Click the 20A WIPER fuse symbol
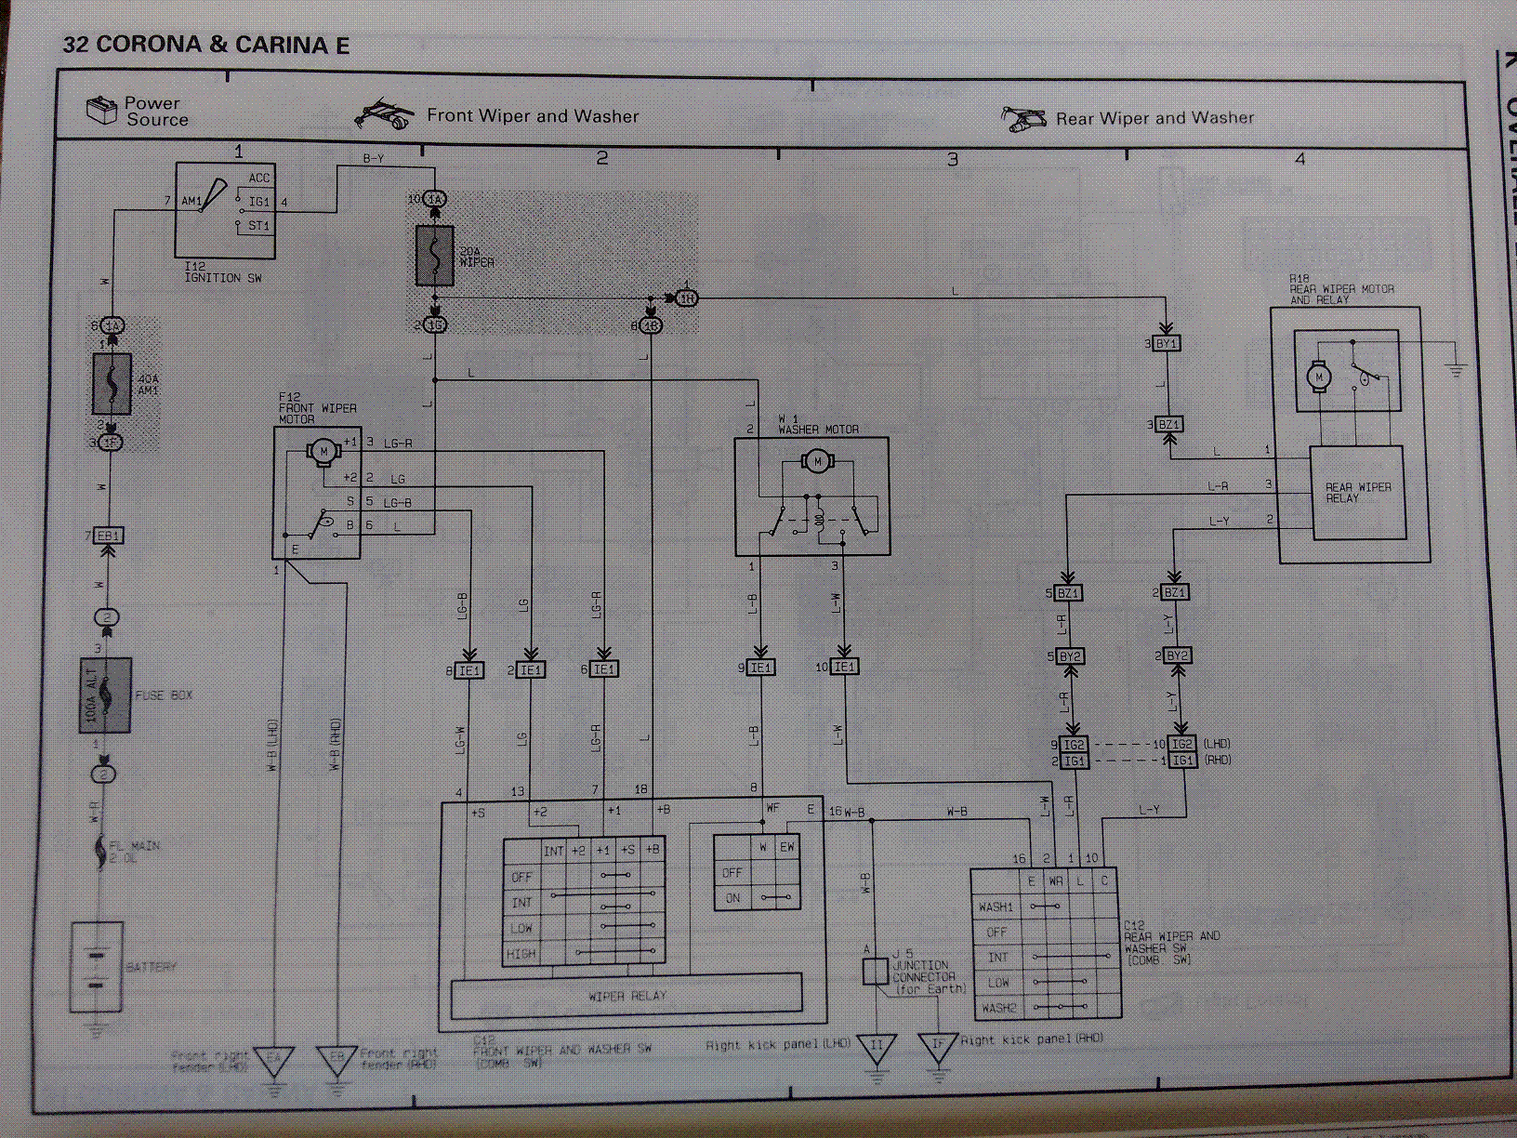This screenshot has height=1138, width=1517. tap(434, 255)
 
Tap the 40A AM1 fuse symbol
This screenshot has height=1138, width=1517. tap(111, 383)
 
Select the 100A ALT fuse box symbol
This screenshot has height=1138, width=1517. tap(104, 695)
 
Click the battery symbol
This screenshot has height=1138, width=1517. tap(97, 967)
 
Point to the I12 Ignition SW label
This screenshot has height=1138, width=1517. tap(222, 272)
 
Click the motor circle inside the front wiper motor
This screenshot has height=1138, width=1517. tap(323, 451)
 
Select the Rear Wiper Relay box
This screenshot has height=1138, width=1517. tap(1357, 493)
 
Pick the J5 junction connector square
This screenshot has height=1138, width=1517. tap(875, 972)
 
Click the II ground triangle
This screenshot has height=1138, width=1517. tap(876, 1047)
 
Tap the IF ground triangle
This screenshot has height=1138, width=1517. tap(938, 1046)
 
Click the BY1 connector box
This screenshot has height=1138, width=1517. tap(1167, 343)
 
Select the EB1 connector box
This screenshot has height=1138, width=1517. tap(110, 536)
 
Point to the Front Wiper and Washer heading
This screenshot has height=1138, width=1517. tap(533, 116)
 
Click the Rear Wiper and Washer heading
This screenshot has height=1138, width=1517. tap(1154, 118)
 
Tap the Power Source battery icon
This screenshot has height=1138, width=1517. tap(100, 111)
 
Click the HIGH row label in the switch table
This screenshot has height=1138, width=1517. tap(521, 954)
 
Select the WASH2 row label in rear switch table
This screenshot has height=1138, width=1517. tap(996, 1008)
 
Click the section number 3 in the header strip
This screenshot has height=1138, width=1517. tap(952, 160)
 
